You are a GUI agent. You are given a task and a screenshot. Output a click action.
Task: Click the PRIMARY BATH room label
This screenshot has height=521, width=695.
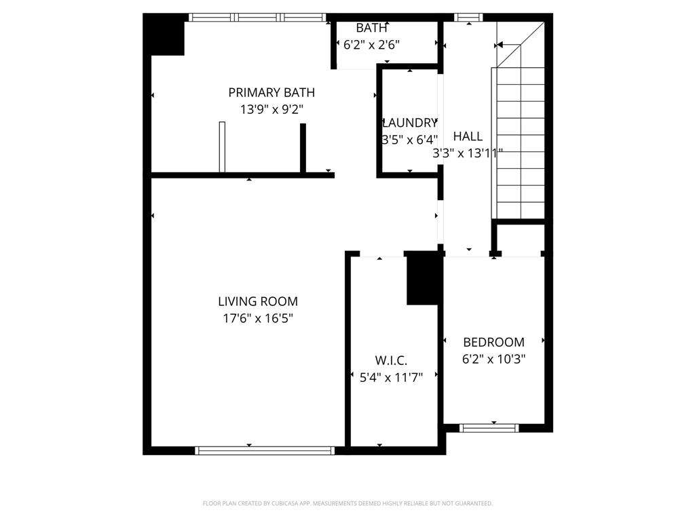[271, 92]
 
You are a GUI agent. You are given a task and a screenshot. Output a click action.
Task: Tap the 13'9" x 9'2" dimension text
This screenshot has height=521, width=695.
[271, 109]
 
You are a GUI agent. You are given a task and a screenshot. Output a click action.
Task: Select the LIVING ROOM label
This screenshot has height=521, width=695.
[258, 301]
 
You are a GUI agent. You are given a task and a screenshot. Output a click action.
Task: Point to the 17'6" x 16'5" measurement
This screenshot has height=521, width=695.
[258, 317]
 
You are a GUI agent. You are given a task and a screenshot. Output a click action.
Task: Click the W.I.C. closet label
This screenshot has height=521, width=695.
[392, 361]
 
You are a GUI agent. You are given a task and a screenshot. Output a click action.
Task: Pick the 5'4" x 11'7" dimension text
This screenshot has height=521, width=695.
[392, 377]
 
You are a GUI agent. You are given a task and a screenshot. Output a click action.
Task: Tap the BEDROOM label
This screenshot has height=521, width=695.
[493, 342]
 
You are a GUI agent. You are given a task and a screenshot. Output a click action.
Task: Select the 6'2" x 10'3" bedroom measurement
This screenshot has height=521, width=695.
[493, 359]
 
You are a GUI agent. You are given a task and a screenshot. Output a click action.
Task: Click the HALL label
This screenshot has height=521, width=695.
[468, 136]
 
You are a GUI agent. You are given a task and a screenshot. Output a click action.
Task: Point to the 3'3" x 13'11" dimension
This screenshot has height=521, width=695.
[468, 153]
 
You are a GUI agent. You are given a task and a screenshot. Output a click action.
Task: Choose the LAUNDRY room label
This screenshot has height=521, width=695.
[410, 123]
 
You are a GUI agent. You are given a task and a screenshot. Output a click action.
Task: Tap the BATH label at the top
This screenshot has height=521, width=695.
[372, 28]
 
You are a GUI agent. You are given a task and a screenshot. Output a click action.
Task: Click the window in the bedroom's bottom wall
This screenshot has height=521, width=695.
[489, 428]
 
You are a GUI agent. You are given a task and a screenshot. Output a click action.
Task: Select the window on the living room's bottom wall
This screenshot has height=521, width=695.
[265, 450]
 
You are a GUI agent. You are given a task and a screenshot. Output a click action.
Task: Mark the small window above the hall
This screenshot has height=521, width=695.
[468, 17]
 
